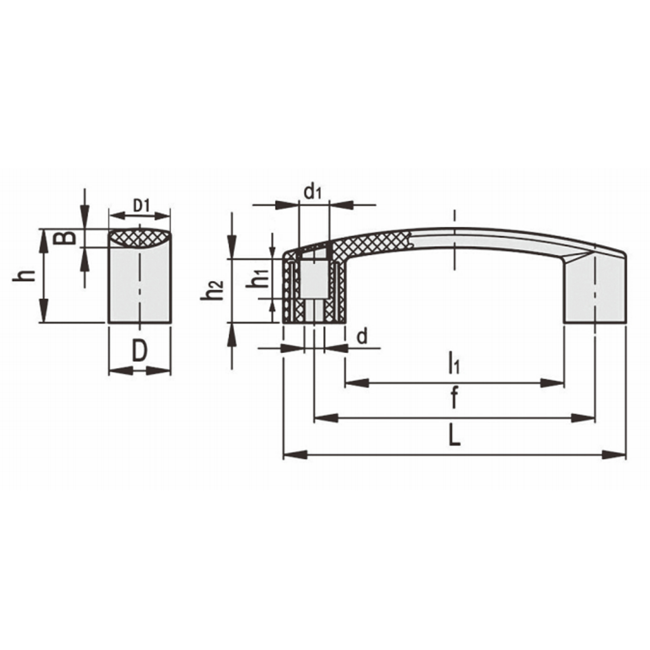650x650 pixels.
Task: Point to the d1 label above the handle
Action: coord(313,192)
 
